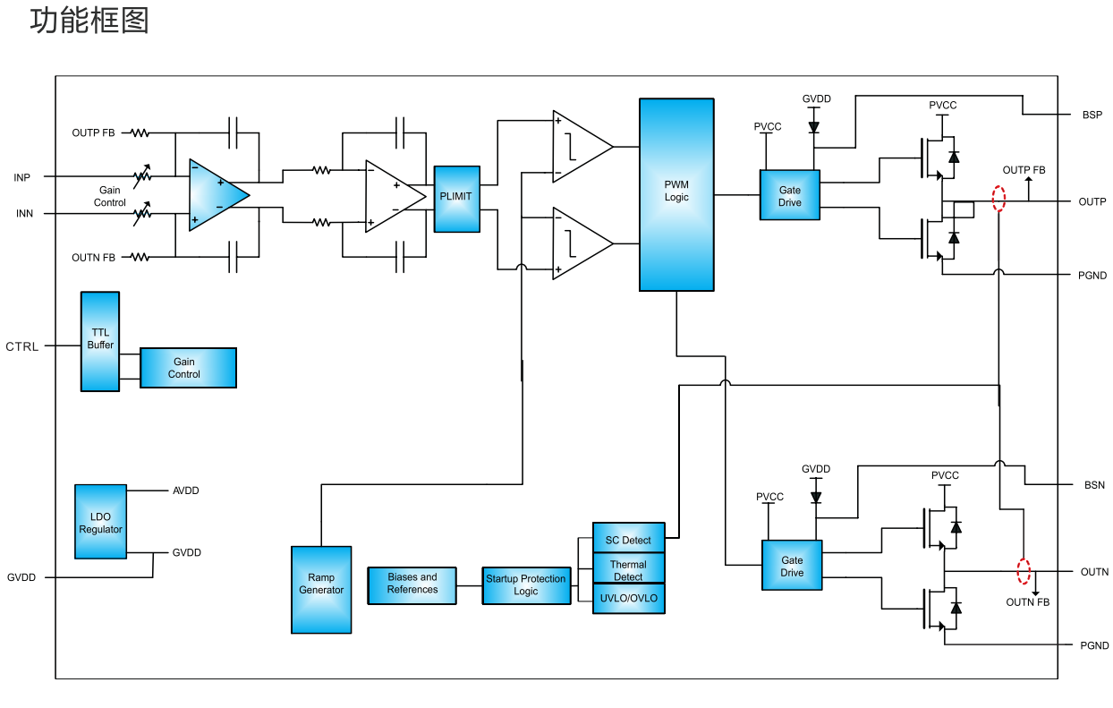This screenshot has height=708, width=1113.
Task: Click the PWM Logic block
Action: [676, 194]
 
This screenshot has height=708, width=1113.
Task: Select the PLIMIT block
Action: [456, 199]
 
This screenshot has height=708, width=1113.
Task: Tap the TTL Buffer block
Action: [100, 341]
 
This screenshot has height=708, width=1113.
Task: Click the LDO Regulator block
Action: [100, 523]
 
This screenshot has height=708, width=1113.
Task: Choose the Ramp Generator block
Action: [321, 589]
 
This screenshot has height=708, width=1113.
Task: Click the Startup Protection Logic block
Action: [526, 585]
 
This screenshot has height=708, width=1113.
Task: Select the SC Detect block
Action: [628, 540]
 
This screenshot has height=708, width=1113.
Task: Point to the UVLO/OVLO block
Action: [628, 598]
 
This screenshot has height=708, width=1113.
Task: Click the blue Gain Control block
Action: [188, 368]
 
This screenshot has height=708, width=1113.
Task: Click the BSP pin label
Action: [1092, 115]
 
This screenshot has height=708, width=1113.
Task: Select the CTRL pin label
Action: [22, 346]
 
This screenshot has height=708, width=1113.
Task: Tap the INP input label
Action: [22, 177]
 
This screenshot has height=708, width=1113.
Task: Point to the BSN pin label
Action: [1094, 485]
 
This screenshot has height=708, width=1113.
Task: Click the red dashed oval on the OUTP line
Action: [999, 199]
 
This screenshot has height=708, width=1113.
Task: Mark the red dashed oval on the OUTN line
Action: [1024, 570]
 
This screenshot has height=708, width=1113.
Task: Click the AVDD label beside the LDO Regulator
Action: [186, 490]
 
